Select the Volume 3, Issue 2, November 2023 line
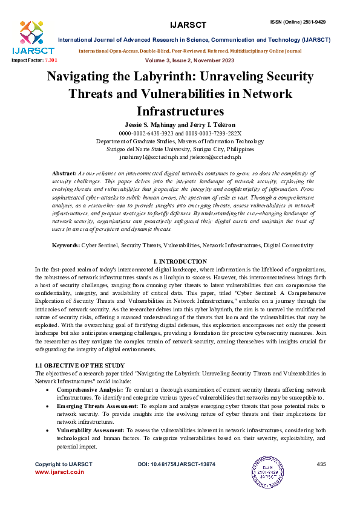(190, 61)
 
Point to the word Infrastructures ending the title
(180, 111)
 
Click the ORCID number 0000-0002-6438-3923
(144, 133)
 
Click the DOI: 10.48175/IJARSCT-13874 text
(177, 464)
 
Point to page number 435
(321, 464)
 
